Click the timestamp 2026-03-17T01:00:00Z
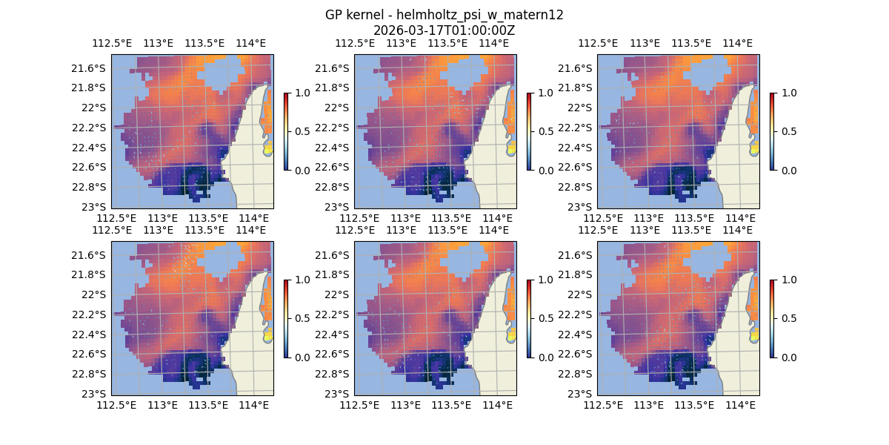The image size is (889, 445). [444, 30]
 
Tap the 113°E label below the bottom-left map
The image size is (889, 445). [162, 405]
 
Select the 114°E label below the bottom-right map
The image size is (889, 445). [740, 405]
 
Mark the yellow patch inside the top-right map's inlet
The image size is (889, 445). [754, 146]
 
